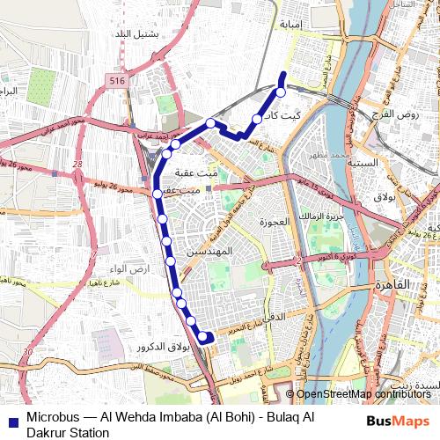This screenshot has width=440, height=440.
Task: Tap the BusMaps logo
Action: point(399,422)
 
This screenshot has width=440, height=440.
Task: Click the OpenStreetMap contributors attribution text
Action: point(363,394)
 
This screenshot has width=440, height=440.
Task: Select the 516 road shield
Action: point(119,81)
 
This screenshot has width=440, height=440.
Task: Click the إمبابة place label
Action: point(290,24)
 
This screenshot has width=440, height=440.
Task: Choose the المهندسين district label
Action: point(210,252)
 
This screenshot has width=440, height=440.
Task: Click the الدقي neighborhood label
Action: point(275,313)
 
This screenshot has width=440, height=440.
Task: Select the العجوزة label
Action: point(274,222)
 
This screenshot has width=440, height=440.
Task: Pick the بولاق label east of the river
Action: point(385,196)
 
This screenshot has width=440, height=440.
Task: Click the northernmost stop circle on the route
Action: point(281,92)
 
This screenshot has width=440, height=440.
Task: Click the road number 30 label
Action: point(27,351)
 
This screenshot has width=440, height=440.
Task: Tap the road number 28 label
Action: point(78,164)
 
